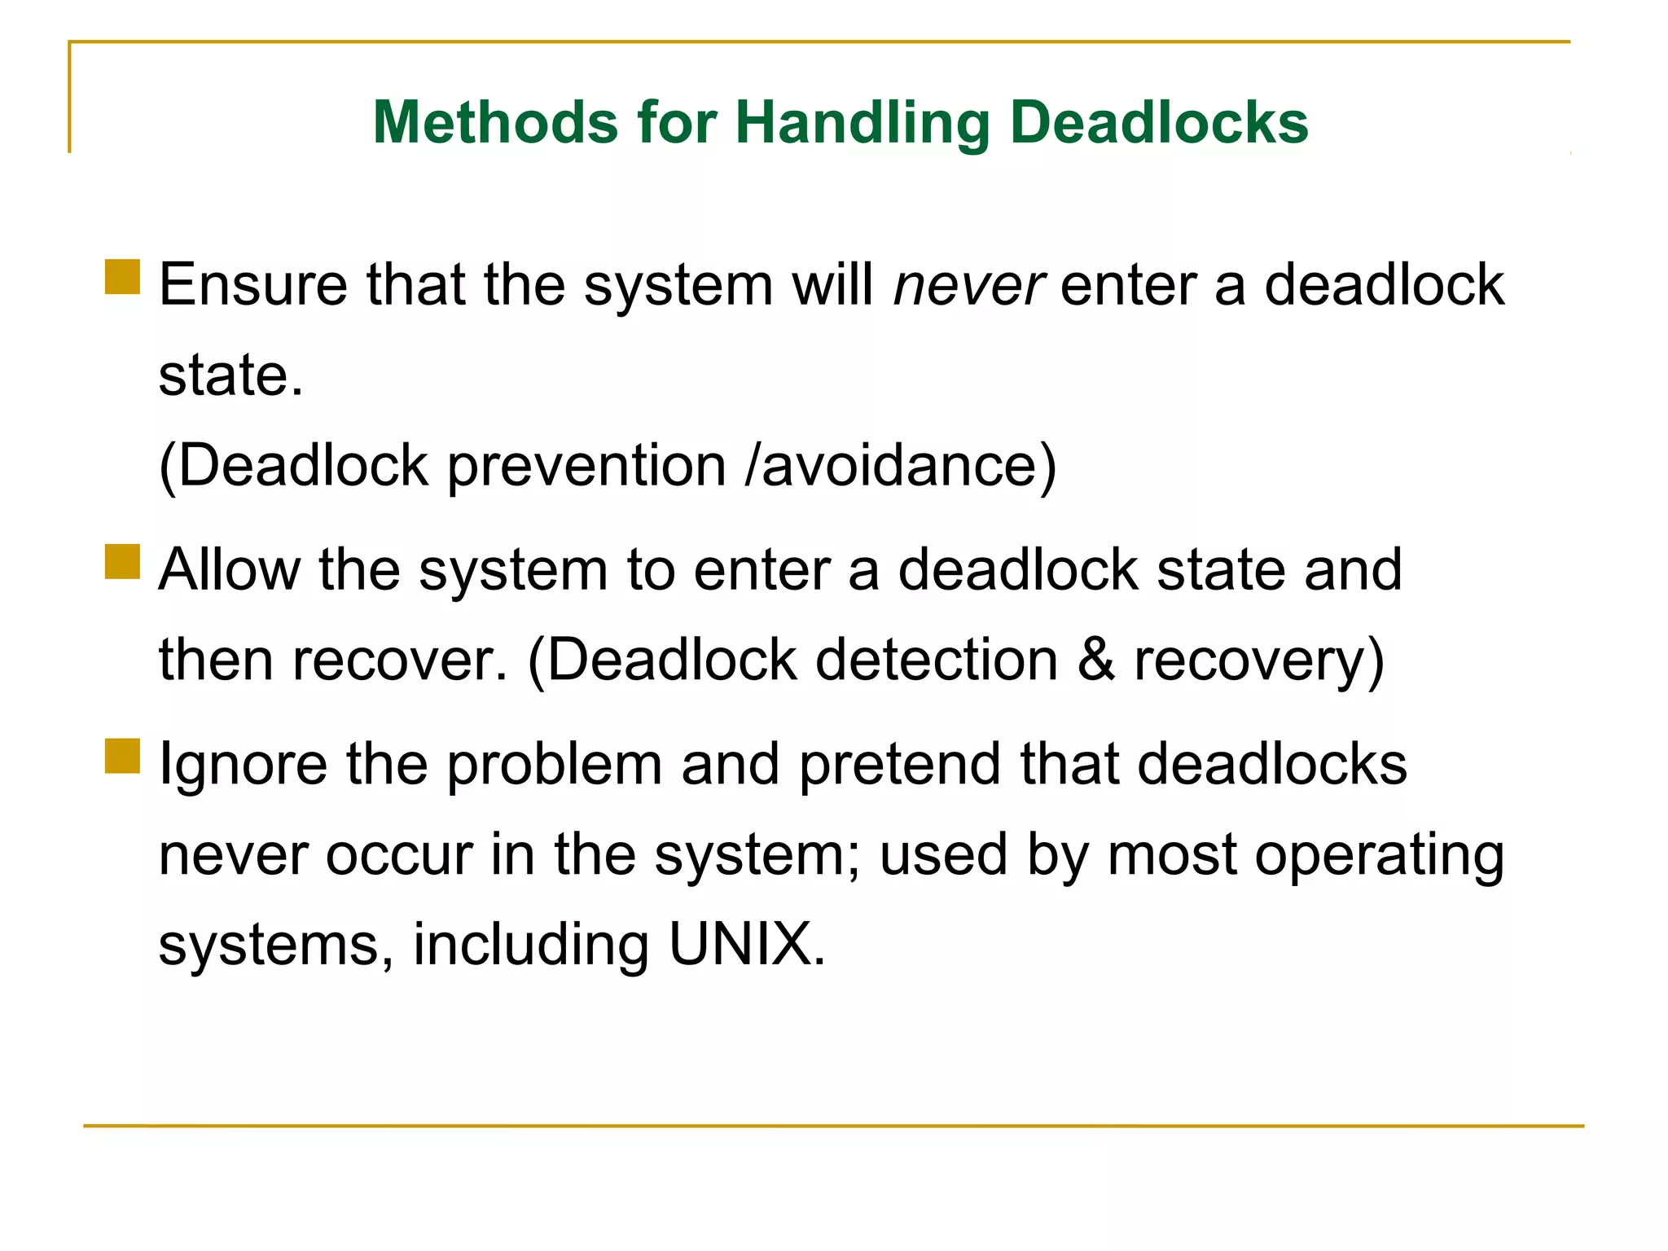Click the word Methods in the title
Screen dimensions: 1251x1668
click(x=495, y=122)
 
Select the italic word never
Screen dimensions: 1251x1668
click(x=968, y=286)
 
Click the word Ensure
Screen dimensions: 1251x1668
click(x=253, y=285)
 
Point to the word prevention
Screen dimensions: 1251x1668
click(x=586, y=467)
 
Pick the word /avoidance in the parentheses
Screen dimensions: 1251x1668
click(x=891, y=466)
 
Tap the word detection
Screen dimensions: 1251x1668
click(x=937, y=660)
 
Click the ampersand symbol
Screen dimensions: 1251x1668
click(x=1096, y=660)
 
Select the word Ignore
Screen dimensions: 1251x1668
click(x=243, y=766)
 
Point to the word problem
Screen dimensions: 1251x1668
click(x=555, y=766)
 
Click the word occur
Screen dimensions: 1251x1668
click(x=399, y=856)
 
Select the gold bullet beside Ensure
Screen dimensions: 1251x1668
click(x=123, y=277)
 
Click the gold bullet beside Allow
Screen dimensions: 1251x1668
click(x=123, y=562)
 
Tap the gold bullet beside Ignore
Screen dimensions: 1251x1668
click(x=123, y=756)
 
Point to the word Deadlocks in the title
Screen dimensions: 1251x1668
click(x=1159, y=122)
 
